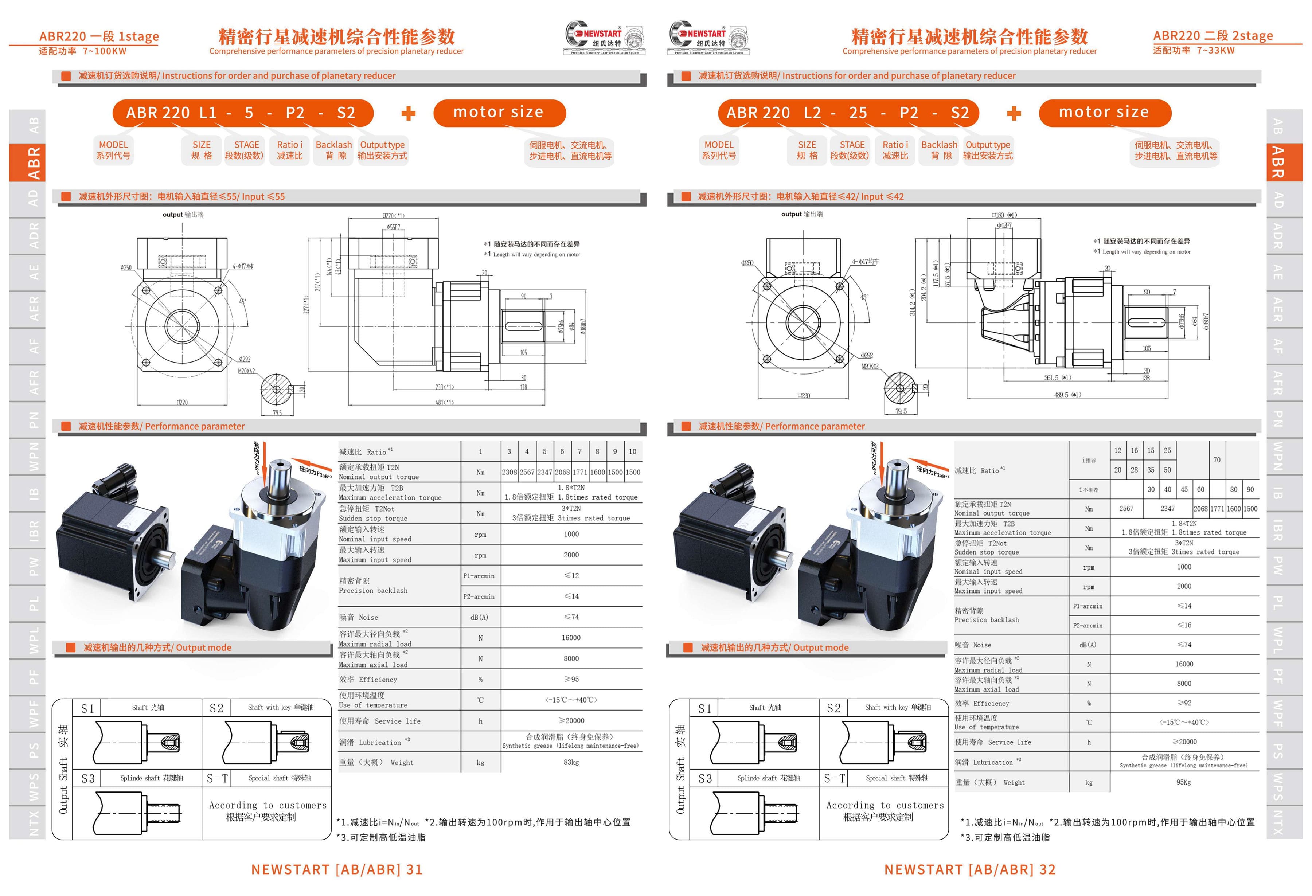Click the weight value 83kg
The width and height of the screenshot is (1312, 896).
[x=571, y=762]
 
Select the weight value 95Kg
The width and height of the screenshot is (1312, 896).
[x=1183, y=783]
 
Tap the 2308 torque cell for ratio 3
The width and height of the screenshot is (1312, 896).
[x=509, y=472]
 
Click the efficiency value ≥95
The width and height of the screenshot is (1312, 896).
[x=571, y=679]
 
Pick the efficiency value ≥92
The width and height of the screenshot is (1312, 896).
[x=1184, y=703]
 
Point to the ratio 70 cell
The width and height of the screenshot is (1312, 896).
[x=1217, y=460]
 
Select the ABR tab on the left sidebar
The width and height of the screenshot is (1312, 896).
[x=34, y=163]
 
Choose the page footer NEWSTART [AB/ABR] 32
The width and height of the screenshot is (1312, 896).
[x=969, y=869]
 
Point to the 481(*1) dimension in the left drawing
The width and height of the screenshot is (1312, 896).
[x=444, y=403]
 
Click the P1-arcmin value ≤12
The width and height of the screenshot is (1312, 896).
[x=571, y=575]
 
